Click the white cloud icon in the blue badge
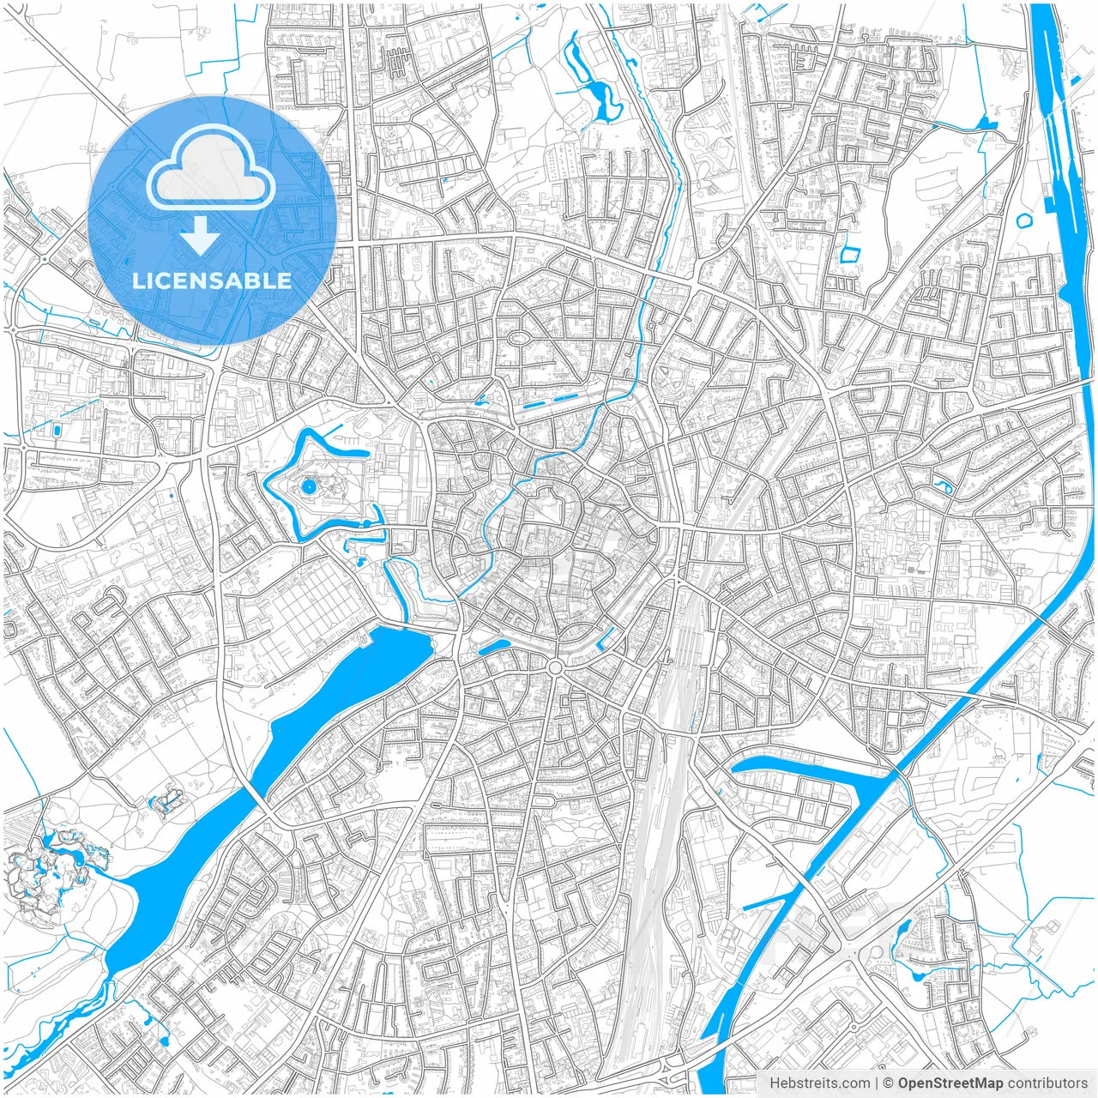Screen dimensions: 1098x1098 (211, 168)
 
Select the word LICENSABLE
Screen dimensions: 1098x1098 (211, 281)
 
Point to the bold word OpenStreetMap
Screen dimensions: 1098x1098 (950, 1083)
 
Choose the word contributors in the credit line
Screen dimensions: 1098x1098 (1047, 1083)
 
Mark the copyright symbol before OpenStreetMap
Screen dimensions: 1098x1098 (889, 1083)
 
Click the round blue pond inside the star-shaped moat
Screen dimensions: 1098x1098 (308, 487)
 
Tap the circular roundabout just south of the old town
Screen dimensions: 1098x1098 (554, 667)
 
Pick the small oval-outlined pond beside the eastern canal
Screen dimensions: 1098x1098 (1023, 220)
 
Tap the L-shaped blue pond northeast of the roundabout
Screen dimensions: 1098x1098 (606, 637)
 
